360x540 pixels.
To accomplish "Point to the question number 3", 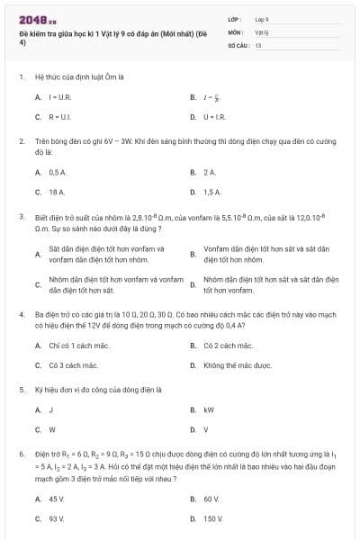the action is click(21, 217).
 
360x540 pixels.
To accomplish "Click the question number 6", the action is click(21, 455).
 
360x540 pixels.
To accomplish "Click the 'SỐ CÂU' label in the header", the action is click(238, 44).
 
